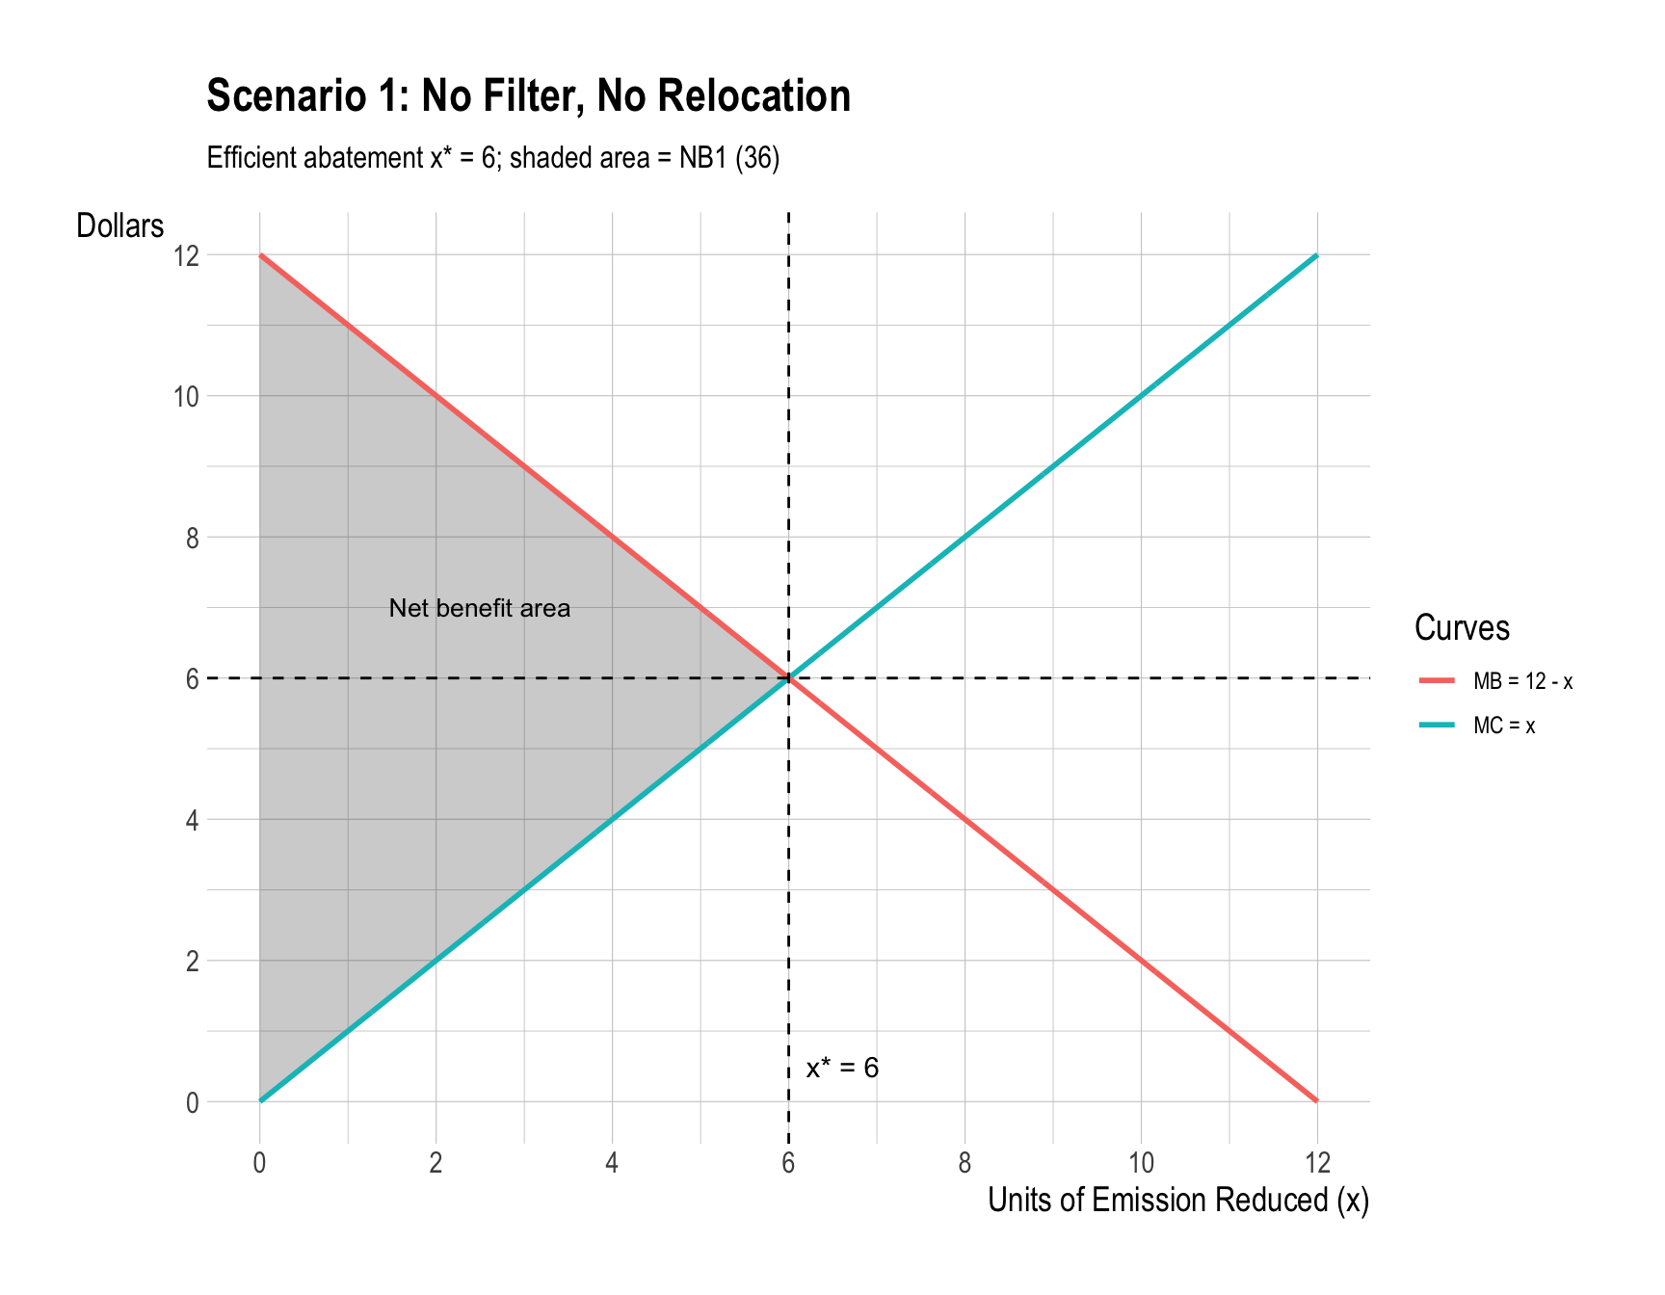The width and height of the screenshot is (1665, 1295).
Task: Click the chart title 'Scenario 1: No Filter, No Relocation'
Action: click(x=528, y=96)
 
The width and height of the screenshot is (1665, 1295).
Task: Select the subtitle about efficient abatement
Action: click(x=492, y=158)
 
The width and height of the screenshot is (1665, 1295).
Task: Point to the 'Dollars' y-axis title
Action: click(x=120, y=226)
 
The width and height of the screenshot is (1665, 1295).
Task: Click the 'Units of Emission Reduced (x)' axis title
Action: click(x=1177, y=1201)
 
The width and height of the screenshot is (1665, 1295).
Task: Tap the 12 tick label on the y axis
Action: click(x=186, y=255)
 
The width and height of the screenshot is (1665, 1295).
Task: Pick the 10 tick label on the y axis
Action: click(x=186, y=396)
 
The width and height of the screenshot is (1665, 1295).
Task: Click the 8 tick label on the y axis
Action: click(x=193, y=538)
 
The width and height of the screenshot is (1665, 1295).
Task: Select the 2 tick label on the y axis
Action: click(x=193, y=962)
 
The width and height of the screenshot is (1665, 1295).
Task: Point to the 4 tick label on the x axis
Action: click(x=612, y=1163)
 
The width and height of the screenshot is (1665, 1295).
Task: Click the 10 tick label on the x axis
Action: click(x=1141, y=1163)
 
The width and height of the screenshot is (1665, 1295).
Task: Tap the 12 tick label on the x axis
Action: click(x=1316, y=1163)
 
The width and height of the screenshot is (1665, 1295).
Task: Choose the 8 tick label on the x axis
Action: click(x=965, y=1163)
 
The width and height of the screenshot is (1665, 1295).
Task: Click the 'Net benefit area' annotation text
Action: click(x=479, y=609)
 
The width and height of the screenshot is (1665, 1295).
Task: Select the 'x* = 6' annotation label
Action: click(x=842, y=1069)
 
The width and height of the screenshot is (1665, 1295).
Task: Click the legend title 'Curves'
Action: click(x=1461, y=628)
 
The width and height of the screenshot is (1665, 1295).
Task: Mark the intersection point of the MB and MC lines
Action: click(x=788, y=678)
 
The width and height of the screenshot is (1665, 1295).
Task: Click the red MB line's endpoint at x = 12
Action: click(x=1316, y=1101)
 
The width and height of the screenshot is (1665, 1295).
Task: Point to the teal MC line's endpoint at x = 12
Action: click(x=1316, y=255)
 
